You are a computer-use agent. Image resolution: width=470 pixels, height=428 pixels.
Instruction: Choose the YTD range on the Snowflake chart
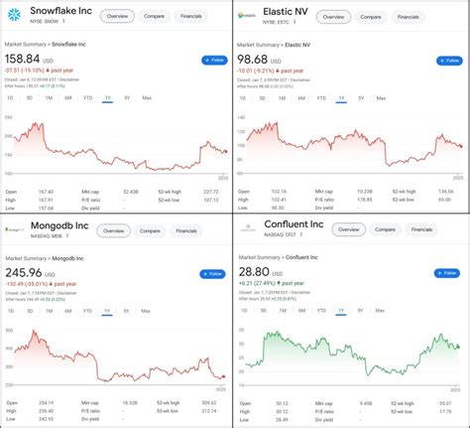click(87, 98)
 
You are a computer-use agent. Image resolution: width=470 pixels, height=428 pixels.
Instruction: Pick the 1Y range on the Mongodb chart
click(106, 311)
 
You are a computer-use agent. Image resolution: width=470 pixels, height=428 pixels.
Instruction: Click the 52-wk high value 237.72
click(210, 191)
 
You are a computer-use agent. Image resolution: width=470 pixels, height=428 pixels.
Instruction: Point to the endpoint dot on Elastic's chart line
click(460, 146)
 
